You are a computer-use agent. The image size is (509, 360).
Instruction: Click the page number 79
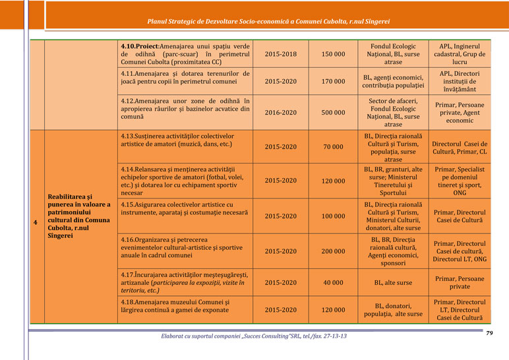[489, 334]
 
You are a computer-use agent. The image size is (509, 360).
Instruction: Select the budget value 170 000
[332, 82]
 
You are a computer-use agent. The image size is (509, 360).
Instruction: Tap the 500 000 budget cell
[332, 113]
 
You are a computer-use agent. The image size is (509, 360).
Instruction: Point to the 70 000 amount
[332, 147]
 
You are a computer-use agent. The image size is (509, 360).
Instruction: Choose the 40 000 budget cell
[332, 283]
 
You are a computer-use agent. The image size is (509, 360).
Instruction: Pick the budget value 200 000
[332, 251]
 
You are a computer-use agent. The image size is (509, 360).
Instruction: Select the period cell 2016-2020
[280, 113]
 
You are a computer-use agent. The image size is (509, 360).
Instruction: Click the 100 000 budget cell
[332, 216]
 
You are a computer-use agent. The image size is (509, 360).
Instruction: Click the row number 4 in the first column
[35, 222]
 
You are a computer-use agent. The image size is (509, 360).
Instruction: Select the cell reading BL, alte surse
[393, 283]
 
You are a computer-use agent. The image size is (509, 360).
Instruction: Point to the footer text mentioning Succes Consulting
[254, 336]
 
